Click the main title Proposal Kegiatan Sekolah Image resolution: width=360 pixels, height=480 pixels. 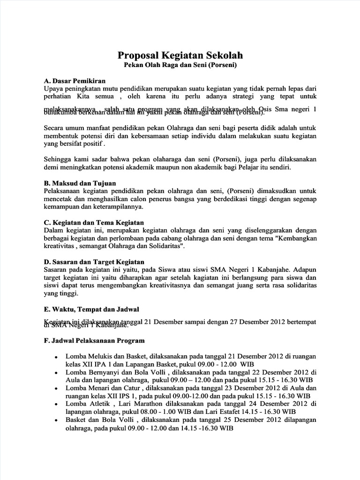(x=180, y=56)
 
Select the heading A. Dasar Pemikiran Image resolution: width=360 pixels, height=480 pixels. (x=75, y=81)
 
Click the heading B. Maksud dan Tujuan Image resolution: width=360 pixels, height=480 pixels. (x=79, y=183)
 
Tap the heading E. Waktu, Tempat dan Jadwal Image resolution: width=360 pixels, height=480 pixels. (x=91, y=309)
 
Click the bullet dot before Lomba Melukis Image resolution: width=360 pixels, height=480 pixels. (x=56, y=358)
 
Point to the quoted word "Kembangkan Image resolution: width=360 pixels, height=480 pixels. (x=295, y=238)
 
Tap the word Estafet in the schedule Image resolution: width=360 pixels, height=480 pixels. (x=241, y=412)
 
